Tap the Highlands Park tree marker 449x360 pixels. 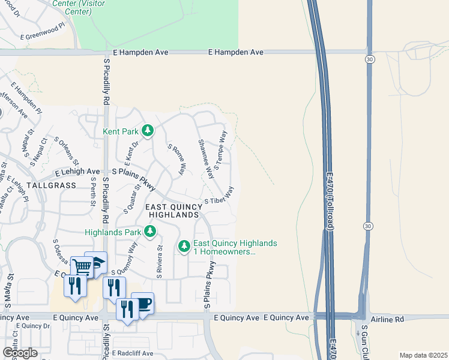pyautogui.click(x=150, y=232)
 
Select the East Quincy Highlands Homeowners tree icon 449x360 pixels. pyautogui.click(x=184, y=246)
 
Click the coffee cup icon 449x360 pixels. pyautogui.click(x=142, y=303)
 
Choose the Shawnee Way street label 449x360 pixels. pyautogui.click(x=206, y=159)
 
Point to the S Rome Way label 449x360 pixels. pyautogui.click(x=176, y=160)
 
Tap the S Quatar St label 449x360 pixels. pyautogui.click(x=132, y=199)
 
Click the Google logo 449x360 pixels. pyautogui.click(x=20, y=353)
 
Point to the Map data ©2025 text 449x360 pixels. pyautogui.click(x=423, y=355)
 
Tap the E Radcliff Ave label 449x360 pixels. pyautogui.click(x=132, y=353)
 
